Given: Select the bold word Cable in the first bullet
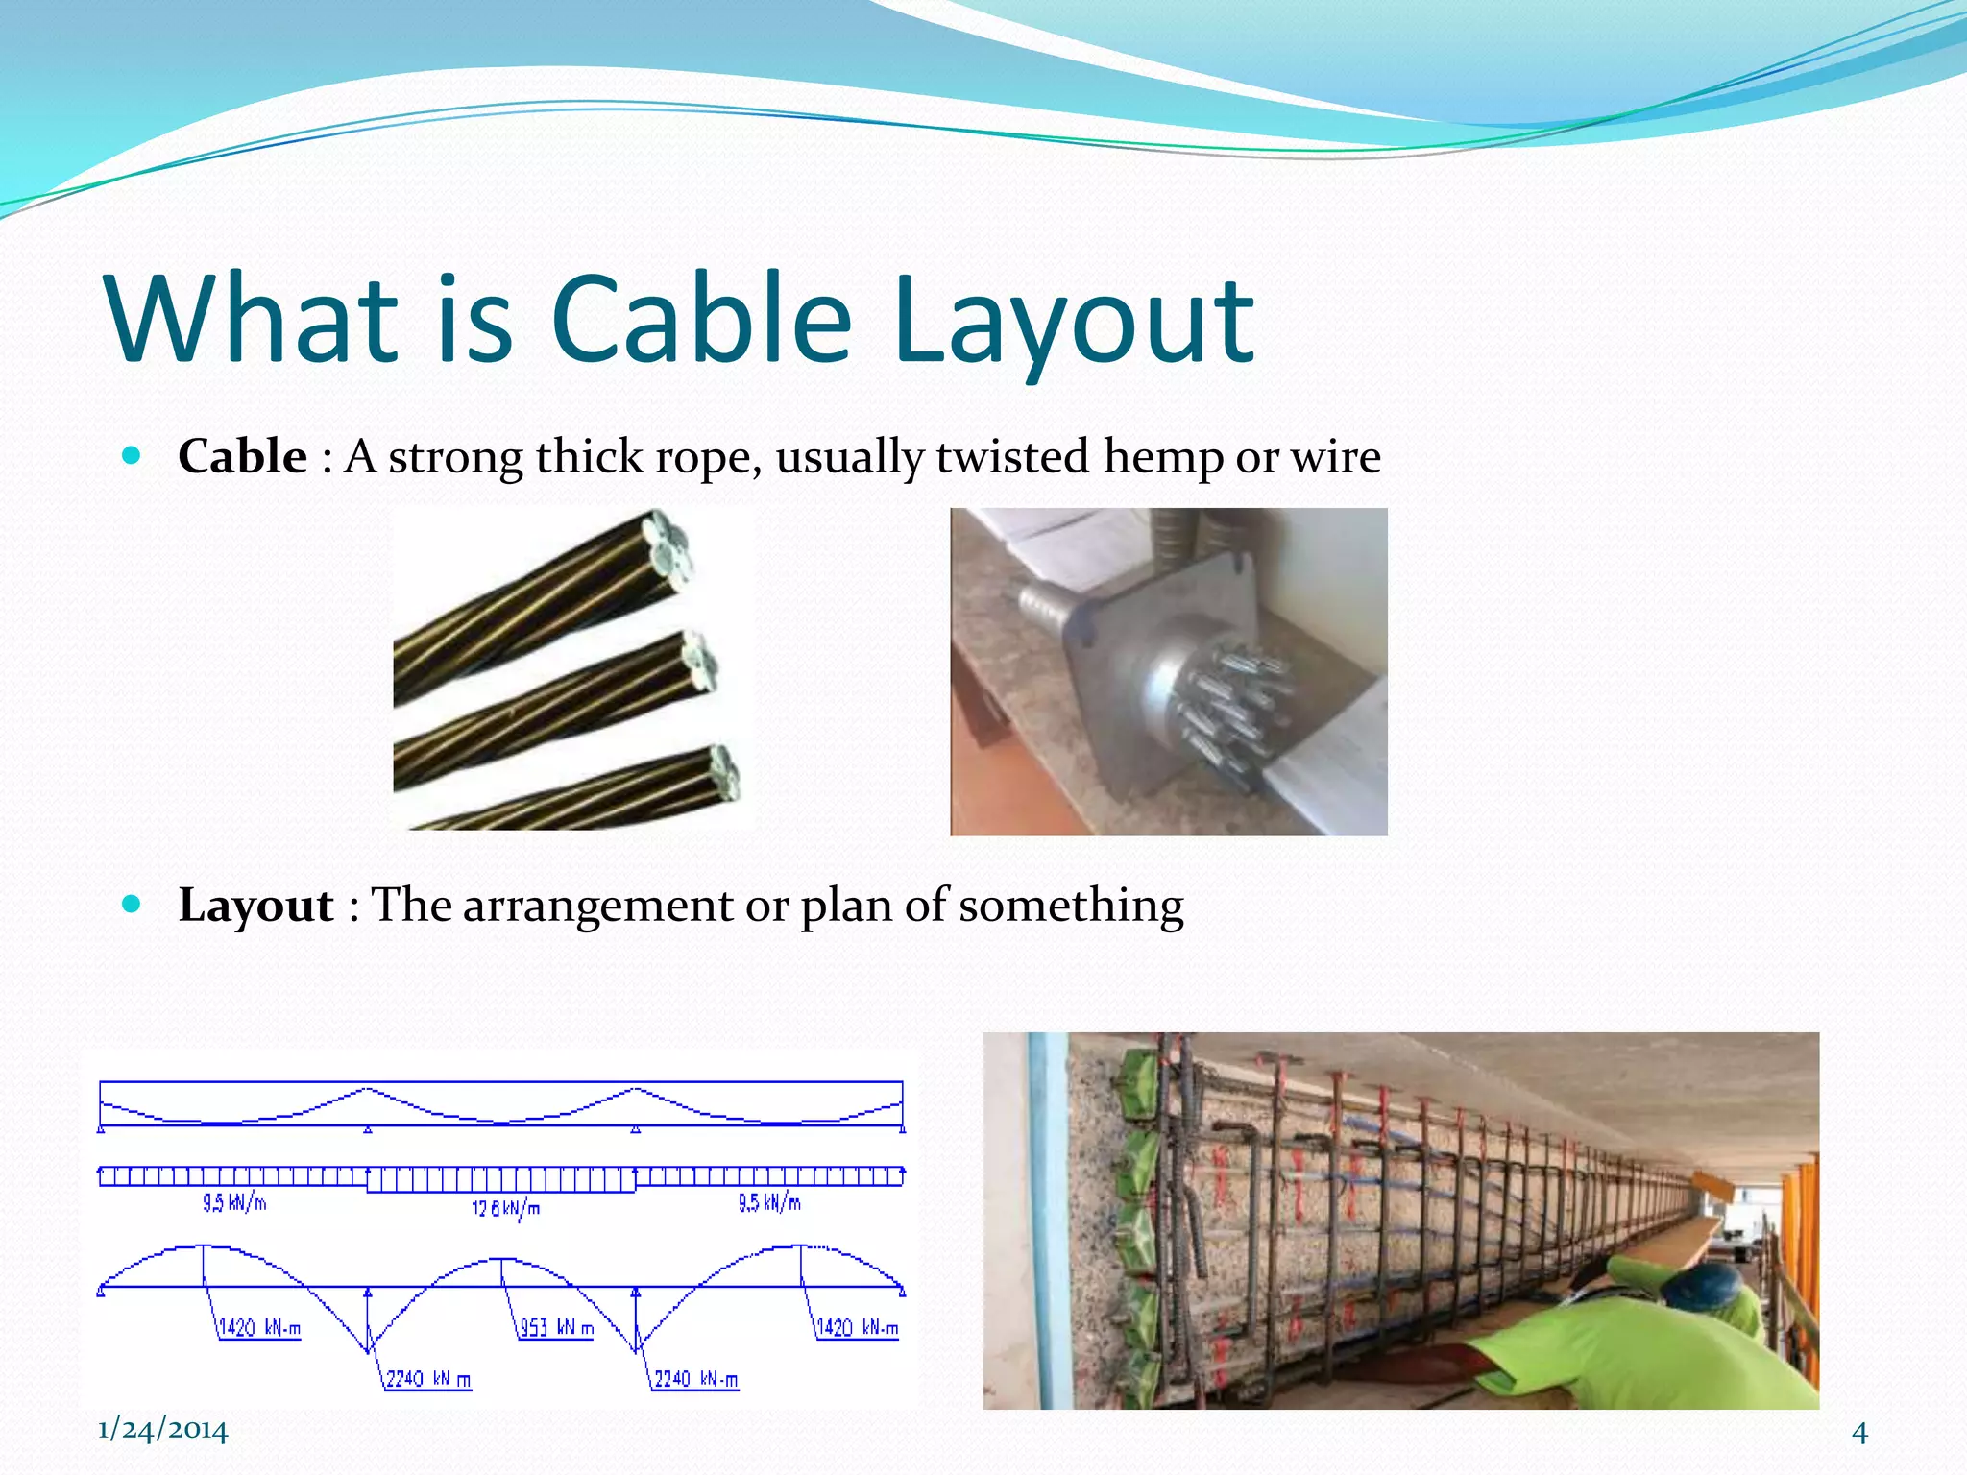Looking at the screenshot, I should (242, 456).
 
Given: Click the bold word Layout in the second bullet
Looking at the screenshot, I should (255, 906).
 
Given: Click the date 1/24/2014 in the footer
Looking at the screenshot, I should (162, 1431).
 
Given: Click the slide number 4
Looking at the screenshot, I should (1859, 1433).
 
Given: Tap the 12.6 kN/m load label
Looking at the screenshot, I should (505, 1208).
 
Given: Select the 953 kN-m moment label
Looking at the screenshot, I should (556, 1328).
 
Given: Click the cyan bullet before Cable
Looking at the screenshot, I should (133, 455).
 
